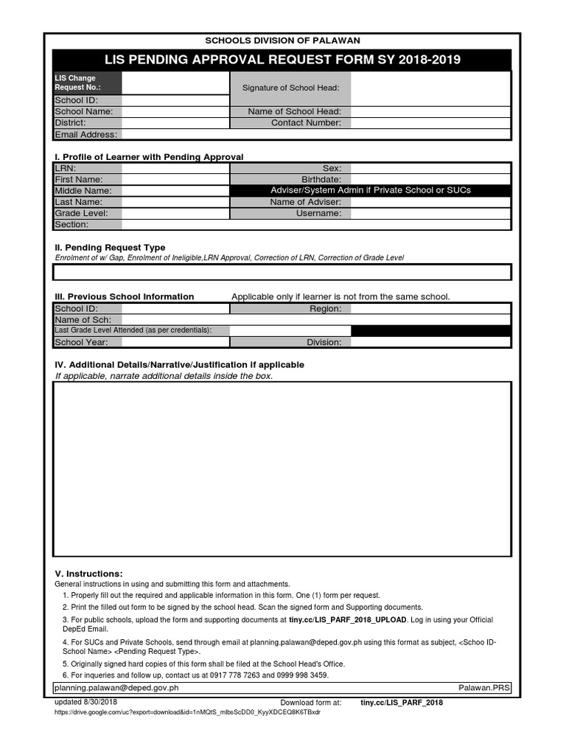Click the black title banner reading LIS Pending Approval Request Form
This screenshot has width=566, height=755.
[x=282, y=60]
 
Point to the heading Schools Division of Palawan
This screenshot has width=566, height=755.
[x=282, y=41]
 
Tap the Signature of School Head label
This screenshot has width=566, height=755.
[x=290, y=88]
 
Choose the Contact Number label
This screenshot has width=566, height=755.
[x=306, y=122]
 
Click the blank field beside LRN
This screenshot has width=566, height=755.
[x=175, y=168]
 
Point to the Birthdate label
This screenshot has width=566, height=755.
[x=321, y=179]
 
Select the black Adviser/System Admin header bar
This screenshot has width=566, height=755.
[x=370, y=190]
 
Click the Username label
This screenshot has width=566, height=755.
[x=318, y=213]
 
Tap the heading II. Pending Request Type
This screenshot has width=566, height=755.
[x=111, y=248]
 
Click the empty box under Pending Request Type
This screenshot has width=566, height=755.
[x=282, y=272]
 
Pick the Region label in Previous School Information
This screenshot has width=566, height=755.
[x=325, y=308]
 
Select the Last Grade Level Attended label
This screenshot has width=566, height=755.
[x=133, y=330]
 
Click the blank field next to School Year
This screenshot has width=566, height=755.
[x=175, y=342]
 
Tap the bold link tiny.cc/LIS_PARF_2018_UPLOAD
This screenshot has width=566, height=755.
[x=348, y=620]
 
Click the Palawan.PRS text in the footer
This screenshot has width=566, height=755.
[x=483, y=688]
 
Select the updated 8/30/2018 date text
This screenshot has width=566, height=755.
[x=86, y=702]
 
